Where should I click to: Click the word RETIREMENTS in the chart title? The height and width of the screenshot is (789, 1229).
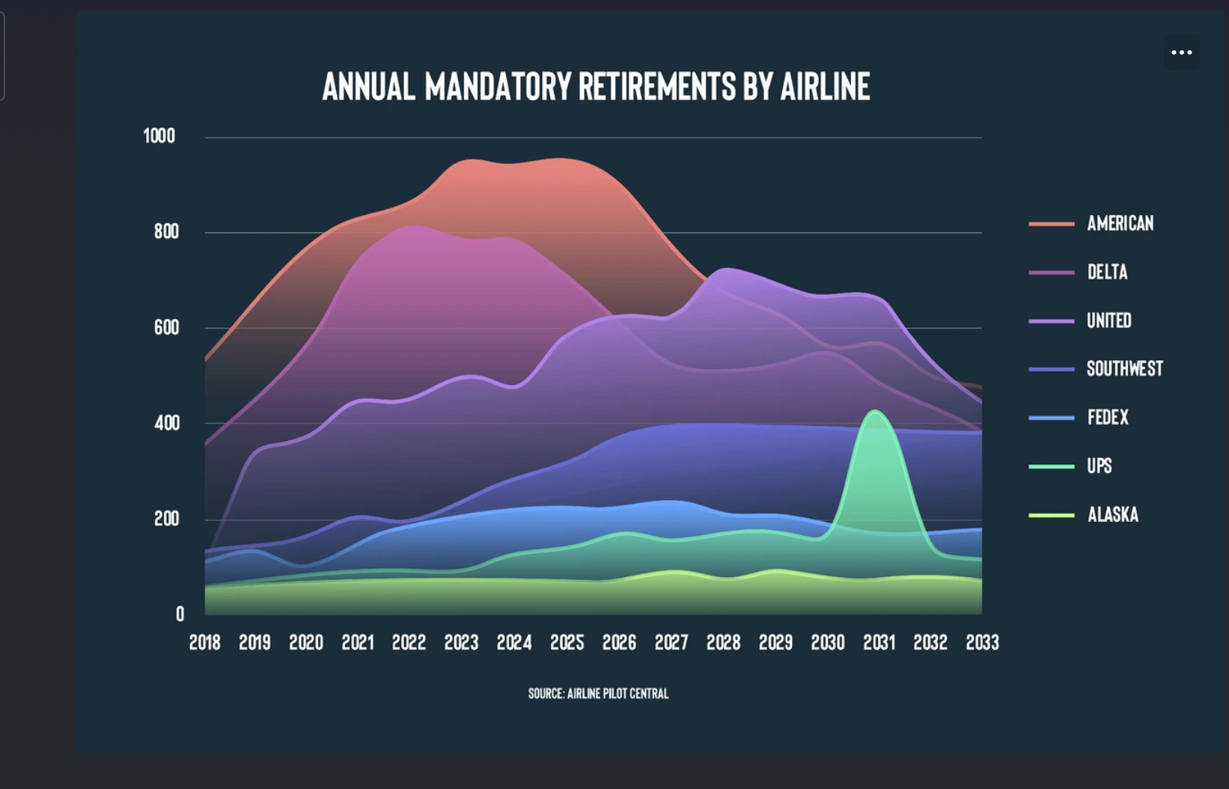pos(656,87)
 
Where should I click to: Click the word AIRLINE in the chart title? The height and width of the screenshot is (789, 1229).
pos(825,87)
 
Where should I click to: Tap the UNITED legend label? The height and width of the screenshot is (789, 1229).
pos(1108,320)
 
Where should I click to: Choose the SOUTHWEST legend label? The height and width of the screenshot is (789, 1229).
pos(1125,368)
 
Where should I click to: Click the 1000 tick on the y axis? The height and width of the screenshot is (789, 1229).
pos(159,135)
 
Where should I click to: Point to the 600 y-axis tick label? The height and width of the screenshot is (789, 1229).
pos(166,328)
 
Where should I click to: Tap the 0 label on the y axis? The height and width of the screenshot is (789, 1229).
pos(180,614)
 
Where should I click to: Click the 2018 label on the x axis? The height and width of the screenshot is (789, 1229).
pos(204,642)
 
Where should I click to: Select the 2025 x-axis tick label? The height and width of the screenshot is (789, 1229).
pos(567,642)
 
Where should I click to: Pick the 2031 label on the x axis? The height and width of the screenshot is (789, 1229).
pos(879,642)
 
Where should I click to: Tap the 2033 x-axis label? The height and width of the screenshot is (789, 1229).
pos(982,642)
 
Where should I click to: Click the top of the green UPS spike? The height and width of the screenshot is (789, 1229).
pos(875,410)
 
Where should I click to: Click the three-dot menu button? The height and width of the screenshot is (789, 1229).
pos(1181,52)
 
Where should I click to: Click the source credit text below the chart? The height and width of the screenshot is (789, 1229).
pos(598,693)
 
